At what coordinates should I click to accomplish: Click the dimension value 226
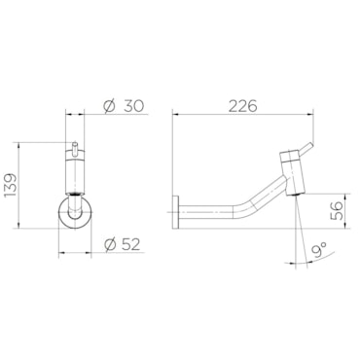pos(242,106)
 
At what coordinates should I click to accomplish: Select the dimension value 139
pos(10,185)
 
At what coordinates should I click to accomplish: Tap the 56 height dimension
pos(338,211)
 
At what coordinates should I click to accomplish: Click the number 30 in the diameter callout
pos(133,106)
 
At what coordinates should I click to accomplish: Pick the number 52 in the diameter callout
pos(131,244)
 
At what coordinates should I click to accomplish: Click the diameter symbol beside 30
pos(109,106)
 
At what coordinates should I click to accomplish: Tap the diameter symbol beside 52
pos(110,244)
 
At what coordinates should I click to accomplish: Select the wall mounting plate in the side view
pos(175,212)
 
